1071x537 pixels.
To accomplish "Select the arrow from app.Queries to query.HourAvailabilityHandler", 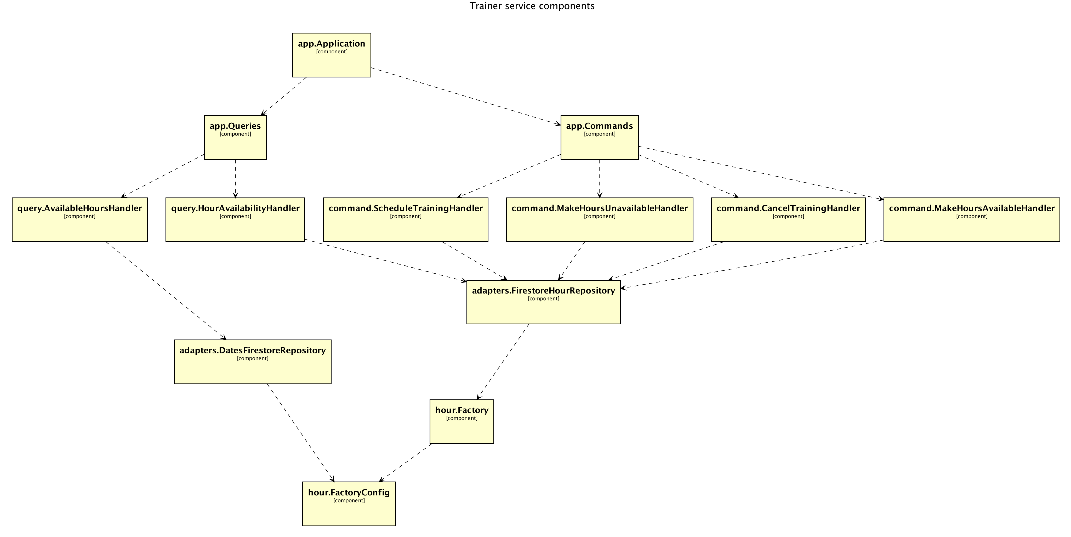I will (x=235, y=179).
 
